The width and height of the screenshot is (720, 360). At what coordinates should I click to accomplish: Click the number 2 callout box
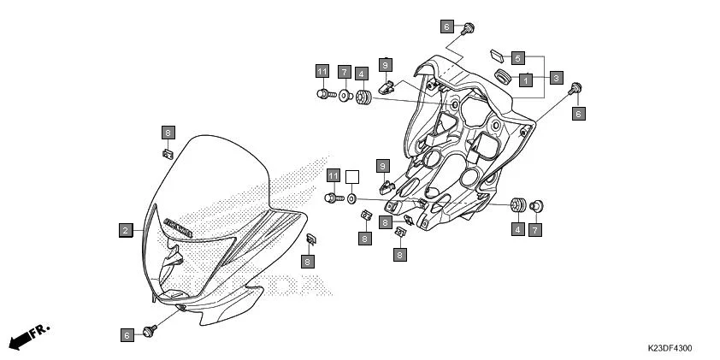point(125,230)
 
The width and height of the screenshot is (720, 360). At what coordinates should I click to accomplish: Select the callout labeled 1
point(526,79)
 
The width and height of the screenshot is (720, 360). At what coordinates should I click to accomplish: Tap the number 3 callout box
point(556,78)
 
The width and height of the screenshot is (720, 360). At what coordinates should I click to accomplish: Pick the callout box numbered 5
point(518,58)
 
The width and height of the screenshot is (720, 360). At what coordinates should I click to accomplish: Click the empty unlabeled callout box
point(351,177)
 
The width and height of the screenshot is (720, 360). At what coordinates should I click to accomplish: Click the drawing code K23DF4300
point(670,348)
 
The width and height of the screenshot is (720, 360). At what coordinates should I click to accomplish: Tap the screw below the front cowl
point(152,329)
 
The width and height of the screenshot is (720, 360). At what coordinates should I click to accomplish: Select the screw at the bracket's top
point(468,31)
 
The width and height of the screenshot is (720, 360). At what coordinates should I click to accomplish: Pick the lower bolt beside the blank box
point(333,198)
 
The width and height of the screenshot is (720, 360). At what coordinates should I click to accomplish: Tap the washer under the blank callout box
point(352,198)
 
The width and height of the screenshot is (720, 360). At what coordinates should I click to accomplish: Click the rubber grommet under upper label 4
point(363,97)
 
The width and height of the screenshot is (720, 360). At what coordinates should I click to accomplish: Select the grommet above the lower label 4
point(517,206)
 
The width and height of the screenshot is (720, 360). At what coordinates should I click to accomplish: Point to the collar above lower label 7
point(537,206)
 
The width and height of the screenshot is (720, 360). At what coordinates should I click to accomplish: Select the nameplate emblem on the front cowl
point(179,226)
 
